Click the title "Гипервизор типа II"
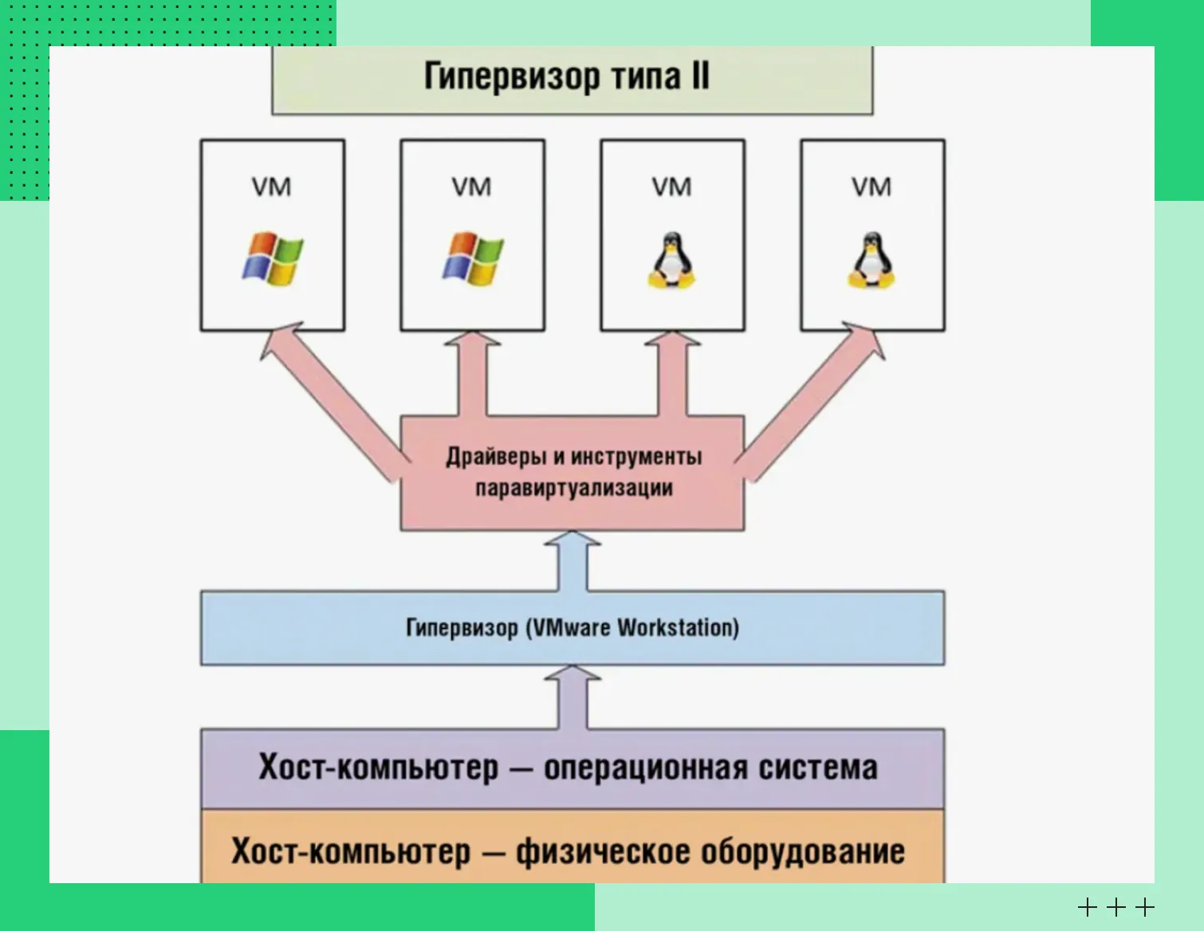tap(566, 77)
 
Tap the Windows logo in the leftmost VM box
tap(273, 259)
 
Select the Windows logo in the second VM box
tap(473, 259)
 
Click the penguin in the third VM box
tap(671, 261)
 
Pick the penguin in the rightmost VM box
tap(871, 261)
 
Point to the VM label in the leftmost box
tap(272, 187)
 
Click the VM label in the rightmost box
tap(872, 187)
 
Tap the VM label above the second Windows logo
tap(472, 187)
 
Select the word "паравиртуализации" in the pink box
tap(574, 488)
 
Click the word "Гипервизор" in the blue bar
tap(462, 628)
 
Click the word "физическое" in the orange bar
tap(602, 851)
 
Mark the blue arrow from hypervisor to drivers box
tap(572, 562)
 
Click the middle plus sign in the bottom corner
tap(1116, 907)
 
